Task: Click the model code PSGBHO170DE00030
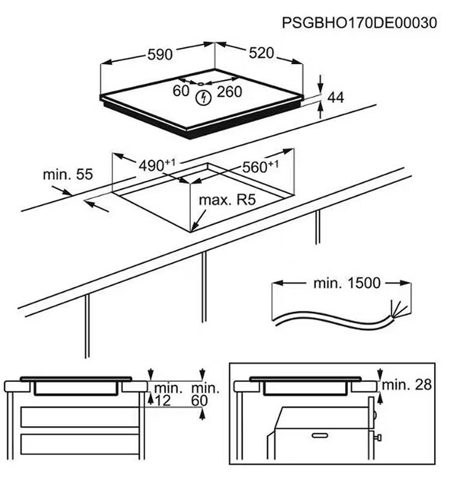point(359,23)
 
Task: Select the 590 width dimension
point(160,55)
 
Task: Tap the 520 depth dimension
point(262,54)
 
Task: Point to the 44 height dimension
point(335,97)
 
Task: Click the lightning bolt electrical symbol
point(204,96)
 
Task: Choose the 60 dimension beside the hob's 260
point(181,91)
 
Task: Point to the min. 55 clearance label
point(68,174)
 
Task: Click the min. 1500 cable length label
point(347,283)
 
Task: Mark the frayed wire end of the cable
point(398,309)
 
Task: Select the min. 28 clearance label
point(407,385)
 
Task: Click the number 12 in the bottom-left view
point(162,401)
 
